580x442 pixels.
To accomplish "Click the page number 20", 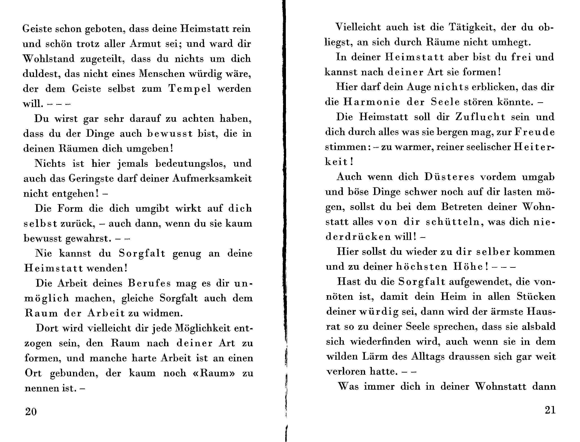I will click(x=31, y=411).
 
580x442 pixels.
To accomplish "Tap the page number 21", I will click(x=550, y=410).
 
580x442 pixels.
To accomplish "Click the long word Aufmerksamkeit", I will click(x=212, y=179).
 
